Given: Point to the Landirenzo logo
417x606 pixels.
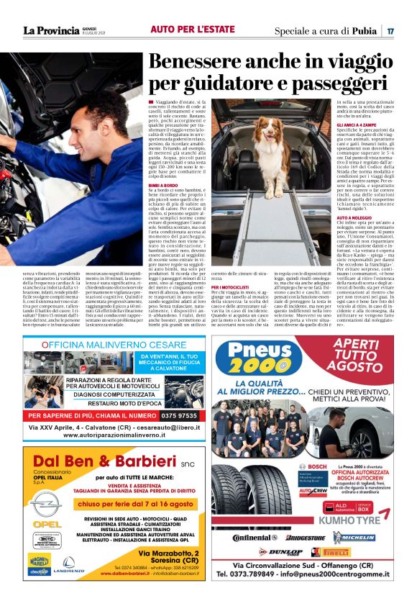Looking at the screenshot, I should point(73,566).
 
